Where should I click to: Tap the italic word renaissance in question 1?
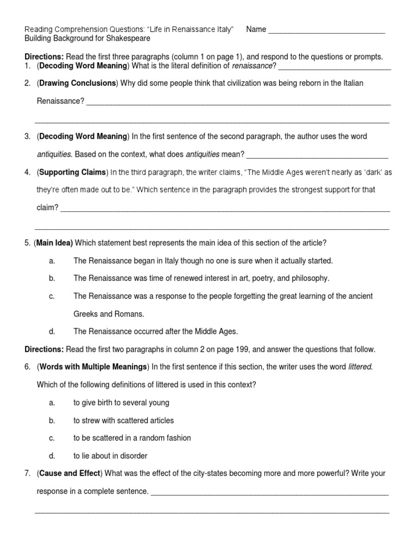[x=252, y=66]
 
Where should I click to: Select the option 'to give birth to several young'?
[x=121, y=403]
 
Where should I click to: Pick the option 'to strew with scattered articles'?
[x=124, y=420]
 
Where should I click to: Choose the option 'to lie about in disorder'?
[x=110, y=456]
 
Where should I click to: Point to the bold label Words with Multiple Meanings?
[x=92, y=367]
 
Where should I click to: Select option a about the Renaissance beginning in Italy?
[x=203, y=261]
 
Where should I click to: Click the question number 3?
[x=27, y=136]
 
